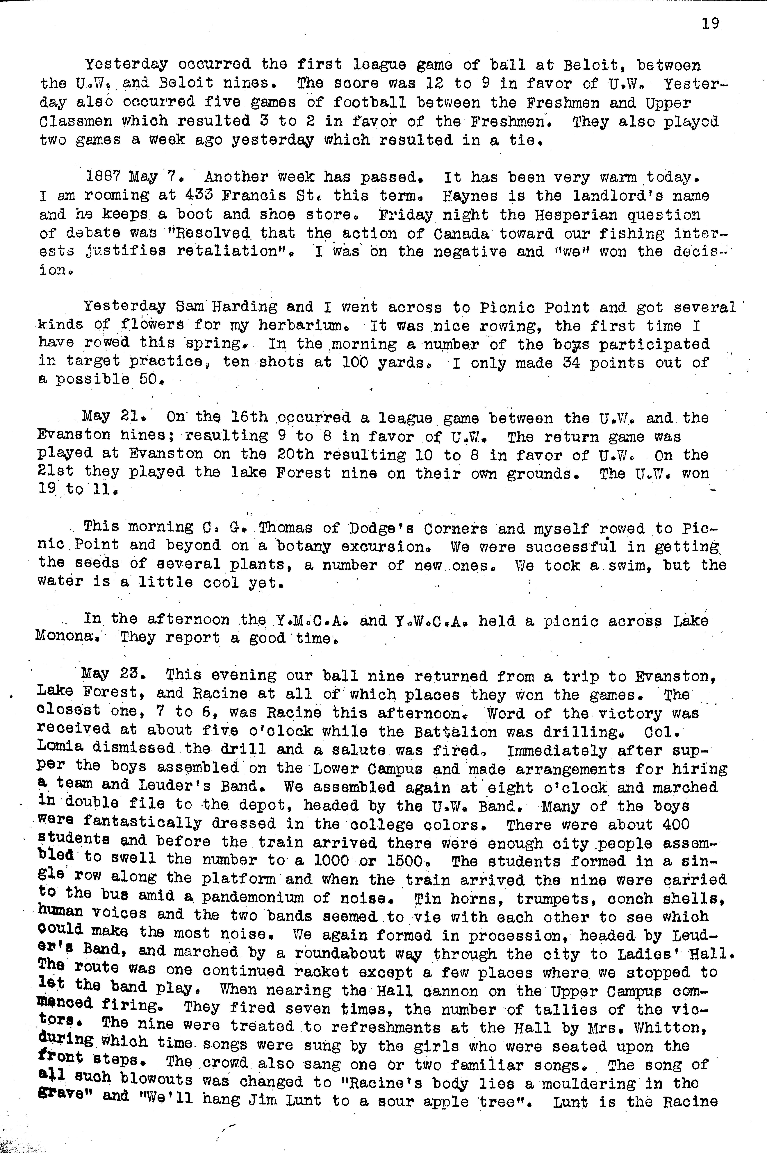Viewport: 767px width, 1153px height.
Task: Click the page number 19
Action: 710,24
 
